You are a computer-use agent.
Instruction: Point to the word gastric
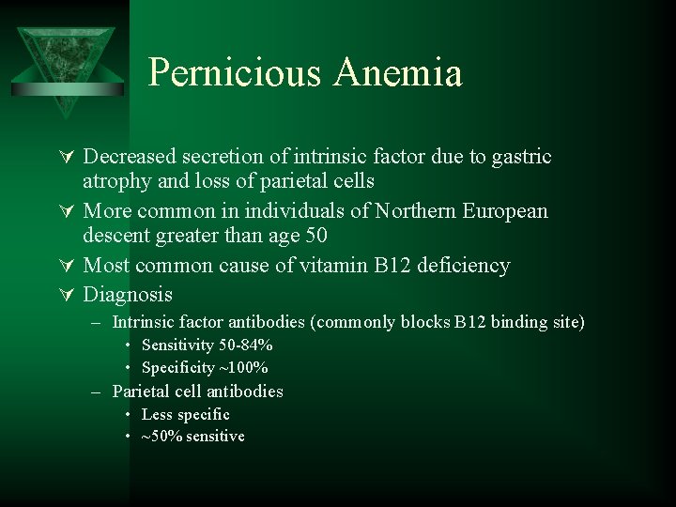pos(519,157)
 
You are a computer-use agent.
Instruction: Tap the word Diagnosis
pos(129,295)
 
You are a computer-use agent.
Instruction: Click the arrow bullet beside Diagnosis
pos(69,296)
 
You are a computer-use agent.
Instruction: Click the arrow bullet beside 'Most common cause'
pos(69,267)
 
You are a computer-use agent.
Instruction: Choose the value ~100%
pos(243,368)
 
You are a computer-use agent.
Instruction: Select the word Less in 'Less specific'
pos(157,414)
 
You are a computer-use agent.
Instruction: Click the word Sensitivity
pos(177,346)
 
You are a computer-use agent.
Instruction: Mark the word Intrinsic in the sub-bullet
pos(142,322)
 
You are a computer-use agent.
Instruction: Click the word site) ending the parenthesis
pos(565,322)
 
